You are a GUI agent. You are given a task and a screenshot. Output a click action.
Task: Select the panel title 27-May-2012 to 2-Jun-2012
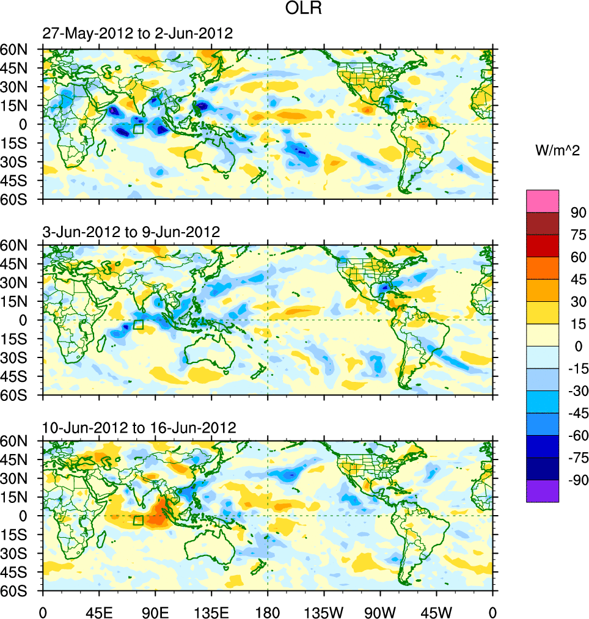click(137, 34)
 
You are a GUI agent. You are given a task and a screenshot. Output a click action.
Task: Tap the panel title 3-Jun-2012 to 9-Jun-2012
click(131, 232)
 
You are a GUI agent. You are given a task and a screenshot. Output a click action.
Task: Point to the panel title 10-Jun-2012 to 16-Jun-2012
click(139, 427)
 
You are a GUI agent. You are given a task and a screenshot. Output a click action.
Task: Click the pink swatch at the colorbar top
click(543, 200)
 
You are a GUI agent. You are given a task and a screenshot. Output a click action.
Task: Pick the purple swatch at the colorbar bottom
click(543, 491)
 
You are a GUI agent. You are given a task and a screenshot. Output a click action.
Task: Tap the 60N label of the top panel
click(20, 49)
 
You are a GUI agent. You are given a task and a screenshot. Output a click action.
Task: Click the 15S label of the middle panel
click(20, 339)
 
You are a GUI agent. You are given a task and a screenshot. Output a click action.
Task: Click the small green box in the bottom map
click(138, 520)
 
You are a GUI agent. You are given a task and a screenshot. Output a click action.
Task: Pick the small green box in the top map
click(138, 128)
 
